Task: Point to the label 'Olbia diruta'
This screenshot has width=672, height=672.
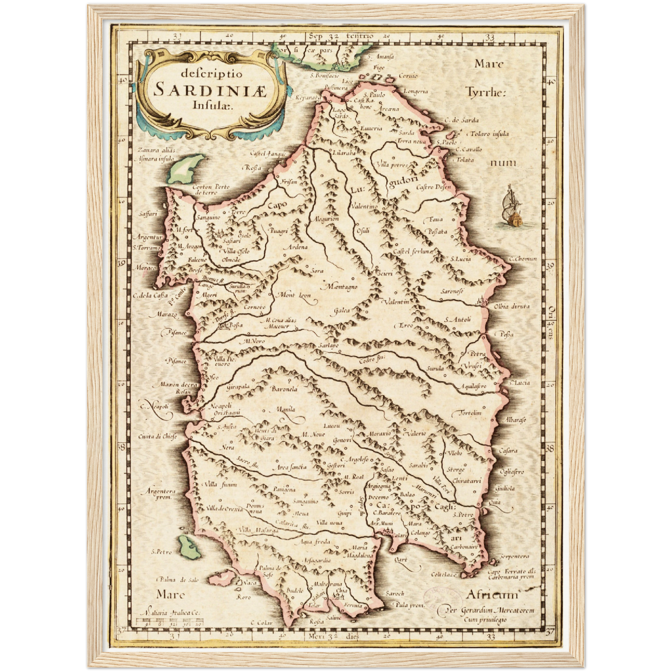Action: [x=512, y=306]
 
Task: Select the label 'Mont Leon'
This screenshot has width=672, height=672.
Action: [x=294, y=295]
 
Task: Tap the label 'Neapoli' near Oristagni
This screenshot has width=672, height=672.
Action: [x=220, y=406]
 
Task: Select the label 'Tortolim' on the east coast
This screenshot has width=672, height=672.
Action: [x=470, y=413]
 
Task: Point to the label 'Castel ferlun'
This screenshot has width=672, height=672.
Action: [x=411, y=251]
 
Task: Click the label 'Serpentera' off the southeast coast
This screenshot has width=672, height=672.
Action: [x=514, y=556]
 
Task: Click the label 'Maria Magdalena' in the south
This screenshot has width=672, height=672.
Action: [x=359, y=552]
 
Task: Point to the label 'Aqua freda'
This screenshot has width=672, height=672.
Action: [x=316, y=541]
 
